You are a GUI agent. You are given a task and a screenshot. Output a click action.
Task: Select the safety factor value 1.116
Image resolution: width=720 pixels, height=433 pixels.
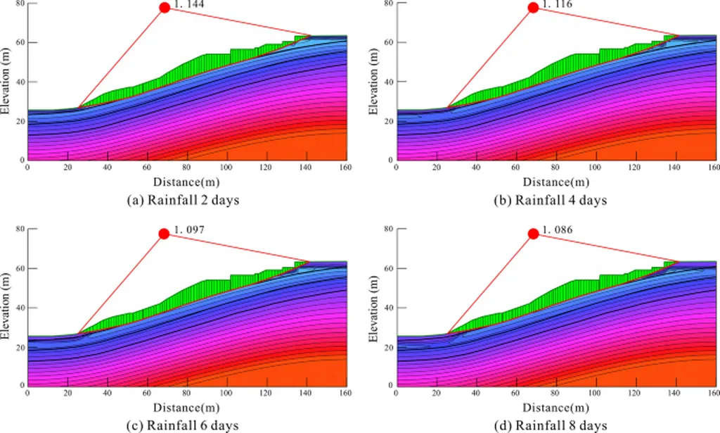556,5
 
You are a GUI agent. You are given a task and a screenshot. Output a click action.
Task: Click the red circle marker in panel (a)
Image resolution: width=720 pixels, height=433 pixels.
165,8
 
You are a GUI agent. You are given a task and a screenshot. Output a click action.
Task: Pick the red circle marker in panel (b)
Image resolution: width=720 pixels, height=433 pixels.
533,8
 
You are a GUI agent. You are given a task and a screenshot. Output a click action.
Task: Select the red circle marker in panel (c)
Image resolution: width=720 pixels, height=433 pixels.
165,234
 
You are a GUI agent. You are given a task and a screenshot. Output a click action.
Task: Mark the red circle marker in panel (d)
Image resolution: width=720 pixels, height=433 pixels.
533,234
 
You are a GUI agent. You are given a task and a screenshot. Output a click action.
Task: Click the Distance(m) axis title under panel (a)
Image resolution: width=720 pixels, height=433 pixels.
186,182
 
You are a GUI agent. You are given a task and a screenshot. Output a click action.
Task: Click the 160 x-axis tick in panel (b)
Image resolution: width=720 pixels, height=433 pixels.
713,168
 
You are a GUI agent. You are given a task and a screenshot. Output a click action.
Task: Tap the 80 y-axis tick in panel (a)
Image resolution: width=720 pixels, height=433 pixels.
20,4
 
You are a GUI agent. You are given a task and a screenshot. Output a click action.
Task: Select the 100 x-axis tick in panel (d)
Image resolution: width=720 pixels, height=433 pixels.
595,393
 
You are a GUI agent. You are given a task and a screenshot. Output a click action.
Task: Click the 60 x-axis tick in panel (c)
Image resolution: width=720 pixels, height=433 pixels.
146,393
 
